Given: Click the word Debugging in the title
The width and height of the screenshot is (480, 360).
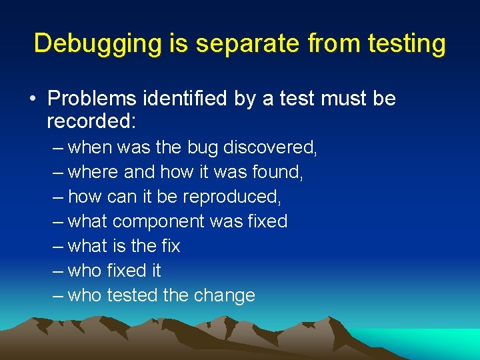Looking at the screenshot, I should [x=97, y=44].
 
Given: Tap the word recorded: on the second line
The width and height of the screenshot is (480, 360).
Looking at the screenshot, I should [x=91, y=121].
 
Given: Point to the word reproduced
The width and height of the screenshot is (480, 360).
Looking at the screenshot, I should [x=231, y=197].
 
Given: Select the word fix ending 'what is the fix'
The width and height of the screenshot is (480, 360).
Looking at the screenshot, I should [x=171, y=246].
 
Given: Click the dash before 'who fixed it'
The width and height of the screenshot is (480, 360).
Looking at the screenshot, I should [x=59, y=271].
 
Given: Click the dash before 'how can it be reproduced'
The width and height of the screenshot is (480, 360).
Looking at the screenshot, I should [x=59, y=197].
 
